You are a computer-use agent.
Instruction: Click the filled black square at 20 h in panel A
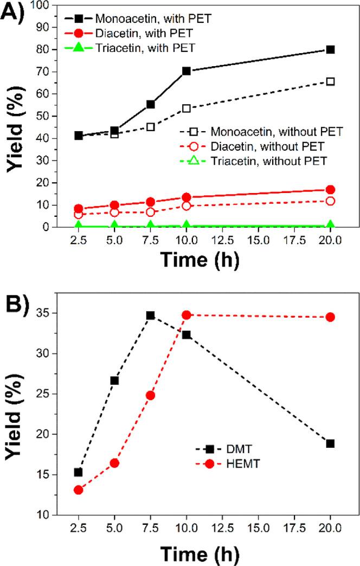click(330, 49)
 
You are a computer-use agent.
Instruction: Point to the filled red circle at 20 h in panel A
click(330, 190)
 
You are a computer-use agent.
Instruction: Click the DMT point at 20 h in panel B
click(330, 443)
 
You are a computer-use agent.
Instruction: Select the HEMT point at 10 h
click(187, 314)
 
